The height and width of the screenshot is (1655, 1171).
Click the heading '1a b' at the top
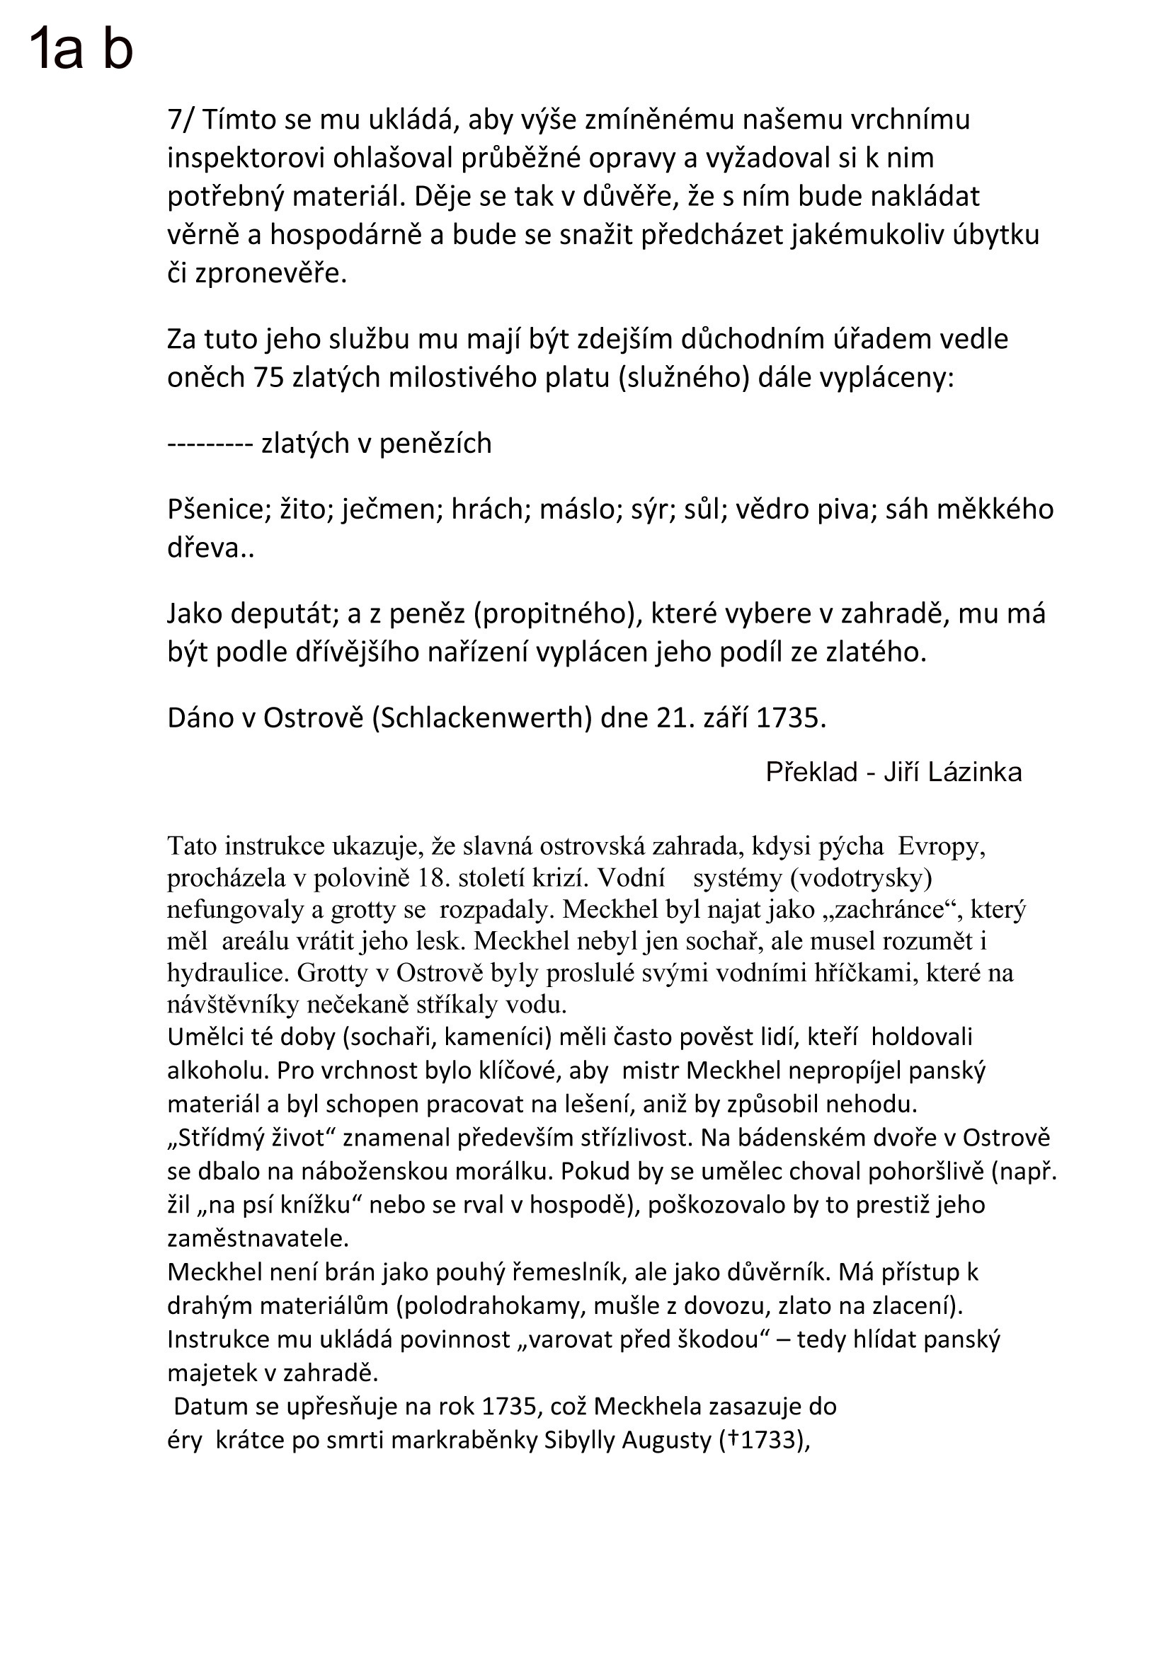click(x=81, y=49)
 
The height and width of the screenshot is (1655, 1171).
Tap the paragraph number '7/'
click(x=181, y=120)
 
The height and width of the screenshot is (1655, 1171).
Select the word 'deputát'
click(x=283, y=614)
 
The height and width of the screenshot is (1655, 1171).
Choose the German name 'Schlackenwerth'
click(x=481, y=718)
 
